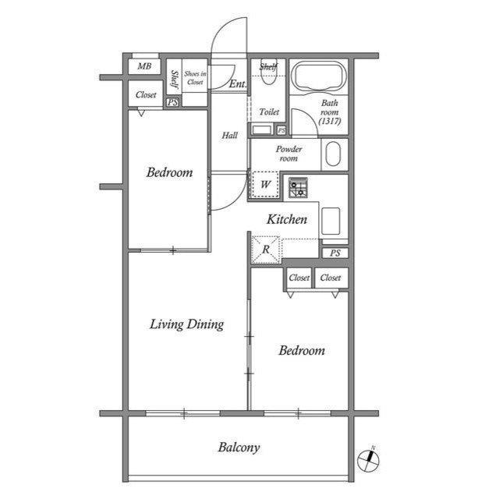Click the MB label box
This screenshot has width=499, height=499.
tap(143, 66)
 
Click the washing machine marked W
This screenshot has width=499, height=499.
tap(266, 184)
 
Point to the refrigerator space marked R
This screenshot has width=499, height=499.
tap(266, 249)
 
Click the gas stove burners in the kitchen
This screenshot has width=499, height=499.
tap(298, 187)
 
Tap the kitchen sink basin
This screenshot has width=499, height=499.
tap(331, 221)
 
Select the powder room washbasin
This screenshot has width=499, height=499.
tap(333, 154)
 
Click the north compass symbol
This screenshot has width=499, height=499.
tap(368, 459)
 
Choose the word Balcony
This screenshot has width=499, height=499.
tap(239, 448)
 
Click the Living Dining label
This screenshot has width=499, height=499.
tap(187, 324)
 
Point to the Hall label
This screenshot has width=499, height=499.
tap(229, 135)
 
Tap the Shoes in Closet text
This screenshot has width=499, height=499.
tap(195, 78)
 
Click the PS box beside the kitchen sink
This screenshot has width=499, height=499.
tap(334, 253)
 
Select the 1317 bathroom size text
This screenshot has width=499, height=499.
tap(330, 122)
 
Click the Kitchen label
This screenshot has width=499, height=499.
tap(287, 219)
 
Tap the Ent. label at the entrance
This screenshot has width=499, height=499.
tap(237, 83)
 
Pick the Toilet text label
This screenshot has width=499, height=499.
tap(269, 111)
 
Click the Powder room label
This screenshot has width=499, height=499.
tap(288, 154)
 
